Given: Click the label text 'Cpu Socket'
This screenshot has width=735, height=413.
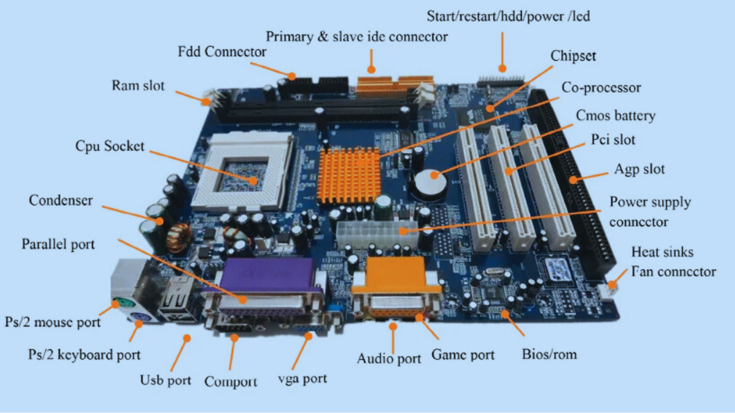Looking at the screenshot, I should point(110,146).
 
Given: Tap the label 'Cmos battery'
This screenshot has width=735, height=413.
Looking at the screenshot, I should point(615,115).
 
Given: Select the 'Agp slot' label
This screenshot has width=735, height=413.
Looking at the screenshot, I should point(639,169).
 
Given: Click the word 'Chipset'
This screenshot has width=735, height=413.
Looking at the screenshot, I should point(573,56).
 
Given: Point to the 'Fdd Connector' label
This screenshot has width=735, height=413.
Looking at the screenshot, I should point(222,52).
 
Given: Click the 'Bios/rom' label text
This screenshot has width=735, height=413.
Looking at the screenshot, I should point(549,354).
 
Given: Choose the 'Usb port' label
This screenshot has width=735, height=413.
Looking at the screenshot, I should point(166,380).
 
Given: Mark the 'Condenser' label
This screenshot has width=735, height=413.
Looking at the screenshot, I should point(60,200).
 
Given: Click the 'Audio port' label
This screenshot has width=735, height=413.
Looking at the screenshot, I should point(389,359).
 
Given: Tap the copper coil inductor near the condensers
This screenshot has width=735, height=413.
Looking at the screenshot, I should point(179,238).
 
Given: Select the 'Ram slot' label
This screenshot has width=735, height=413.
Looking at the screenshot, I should point(138,85).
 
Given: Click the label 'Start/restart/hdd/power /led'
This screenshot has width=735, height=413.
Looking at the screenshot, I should point(508,16).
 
